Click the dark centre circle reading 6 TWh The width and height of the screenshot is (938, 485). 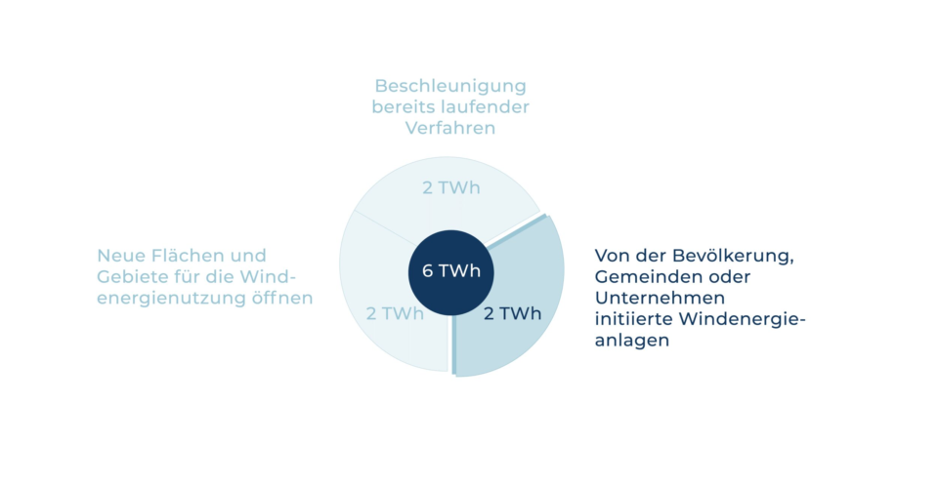451,272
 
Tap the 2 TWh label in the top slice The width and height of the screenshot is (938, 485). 451,187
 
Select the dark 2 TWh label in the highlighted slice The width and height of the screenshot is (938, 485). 512,313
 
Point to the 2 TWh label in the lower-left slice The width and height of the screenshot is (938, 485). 395,313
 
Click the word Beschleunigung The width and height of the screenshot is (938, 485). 450,87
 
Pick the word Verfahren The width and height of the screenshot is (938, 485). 450,128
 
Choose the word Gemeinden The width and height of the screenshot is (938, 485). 642,277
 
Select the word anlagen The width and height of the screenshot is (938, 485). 632,342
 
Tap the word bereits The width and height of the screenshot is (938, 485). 404,107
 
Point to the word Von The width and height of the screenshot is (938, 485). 609,256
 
